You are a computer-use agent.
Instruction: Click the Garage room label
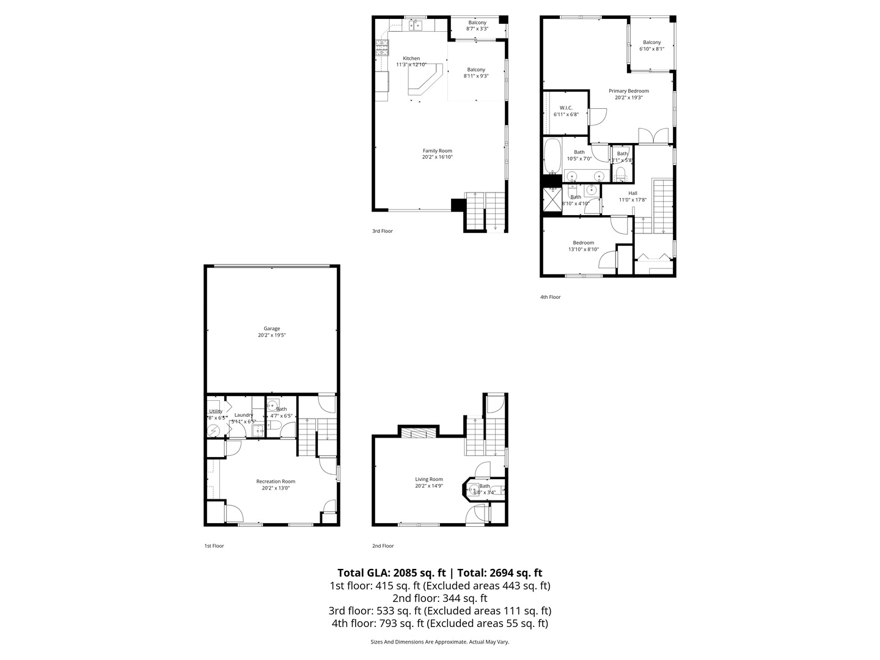272,332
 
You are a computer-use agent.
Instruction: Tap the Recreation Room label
276,485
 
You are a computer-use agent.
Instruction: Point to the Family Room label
438,154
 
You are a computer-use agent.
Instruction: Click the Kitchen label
411,61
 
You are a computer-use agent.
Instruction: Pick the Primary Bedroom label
628,94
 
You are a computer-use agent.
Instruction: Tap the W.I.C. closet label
565,111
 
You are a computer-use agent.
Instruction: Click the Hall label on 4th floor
632,196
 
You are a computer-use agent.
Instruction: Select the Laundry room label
243,418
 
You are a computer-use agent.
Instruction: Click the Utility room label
216,414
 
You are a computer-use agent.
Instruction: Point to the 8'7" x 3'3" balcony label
477,26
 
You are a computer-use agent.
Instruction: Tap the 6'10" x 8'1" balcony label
651,46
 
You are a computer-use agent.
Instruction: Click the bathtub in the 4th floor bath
552,156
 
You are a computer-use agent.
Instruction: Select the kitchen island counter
426,82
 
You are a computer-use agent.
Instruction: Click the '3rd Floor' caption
383,231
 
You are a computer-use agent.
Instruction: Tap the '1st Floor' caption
214,546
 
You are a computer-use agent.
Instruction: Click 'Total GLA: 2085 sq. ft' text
391,573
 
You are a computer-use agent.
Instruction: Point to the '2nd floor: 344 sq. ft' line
440,598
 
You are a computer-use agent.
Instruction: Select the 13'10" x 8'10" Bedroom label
583,246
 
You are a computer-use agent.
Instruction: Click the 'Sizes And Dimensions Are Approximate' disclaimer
440,642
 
